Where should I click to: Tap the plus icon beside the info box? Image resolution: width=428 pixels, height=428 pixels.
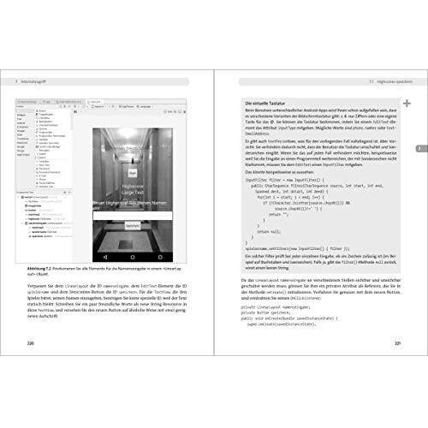tap(406, 104)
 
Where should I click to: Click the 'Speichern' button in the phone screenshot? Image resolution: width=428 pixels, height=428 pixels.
tap(133, 224)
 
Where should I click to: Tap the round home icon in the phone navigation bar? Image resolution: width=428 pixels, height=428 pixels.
tap(133, 256)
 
